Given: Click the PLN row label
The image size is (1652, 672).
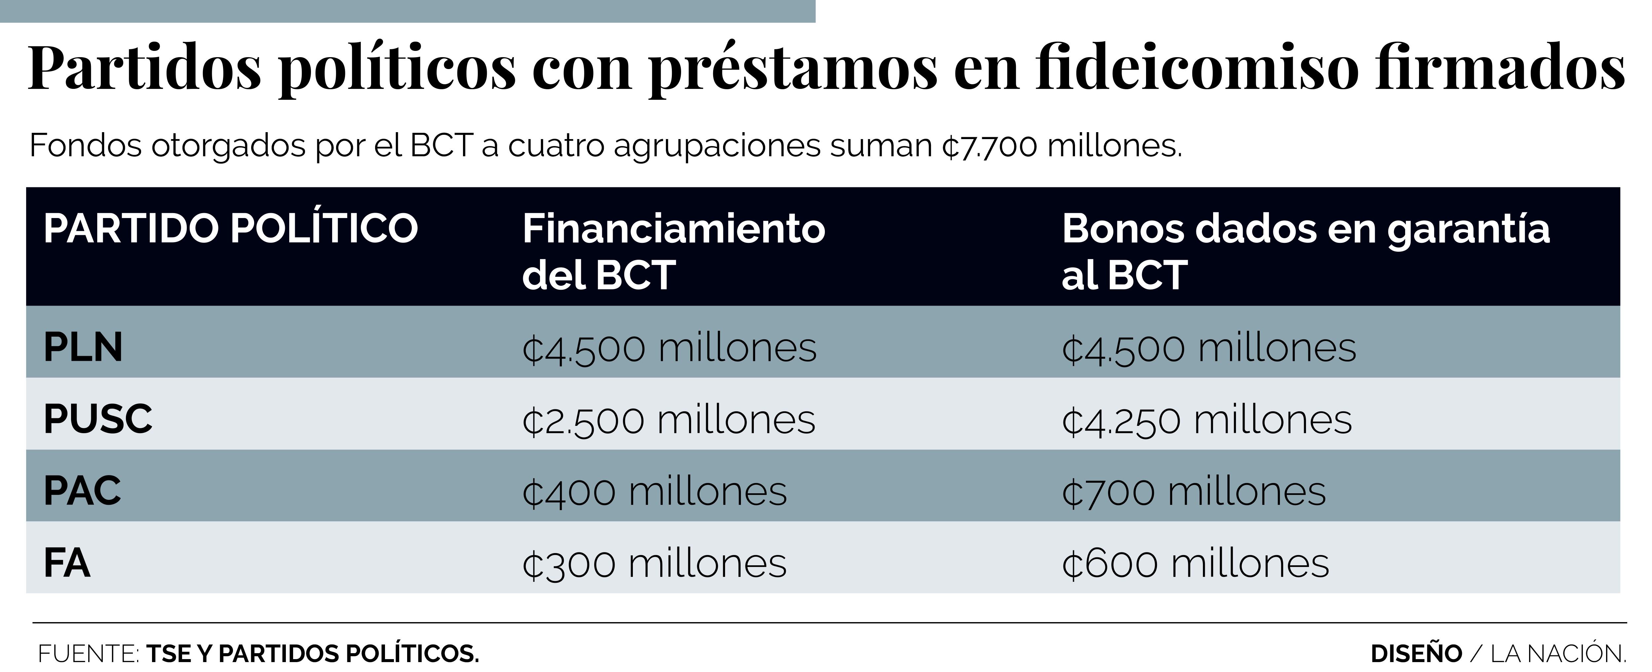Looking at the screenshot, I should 83,348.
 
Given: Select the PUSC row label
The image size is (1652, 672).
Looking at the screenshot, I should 98,419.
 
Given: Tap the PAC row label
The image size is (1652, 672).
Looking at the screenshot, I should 82,491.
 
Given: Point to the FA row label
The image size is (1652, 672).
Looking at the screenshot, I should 67,563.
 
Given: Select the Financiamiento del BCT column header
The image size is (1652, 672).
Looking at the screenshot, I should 673,251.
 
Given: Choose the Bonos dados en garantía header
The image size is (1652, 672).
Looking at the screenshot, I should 1305,251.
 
